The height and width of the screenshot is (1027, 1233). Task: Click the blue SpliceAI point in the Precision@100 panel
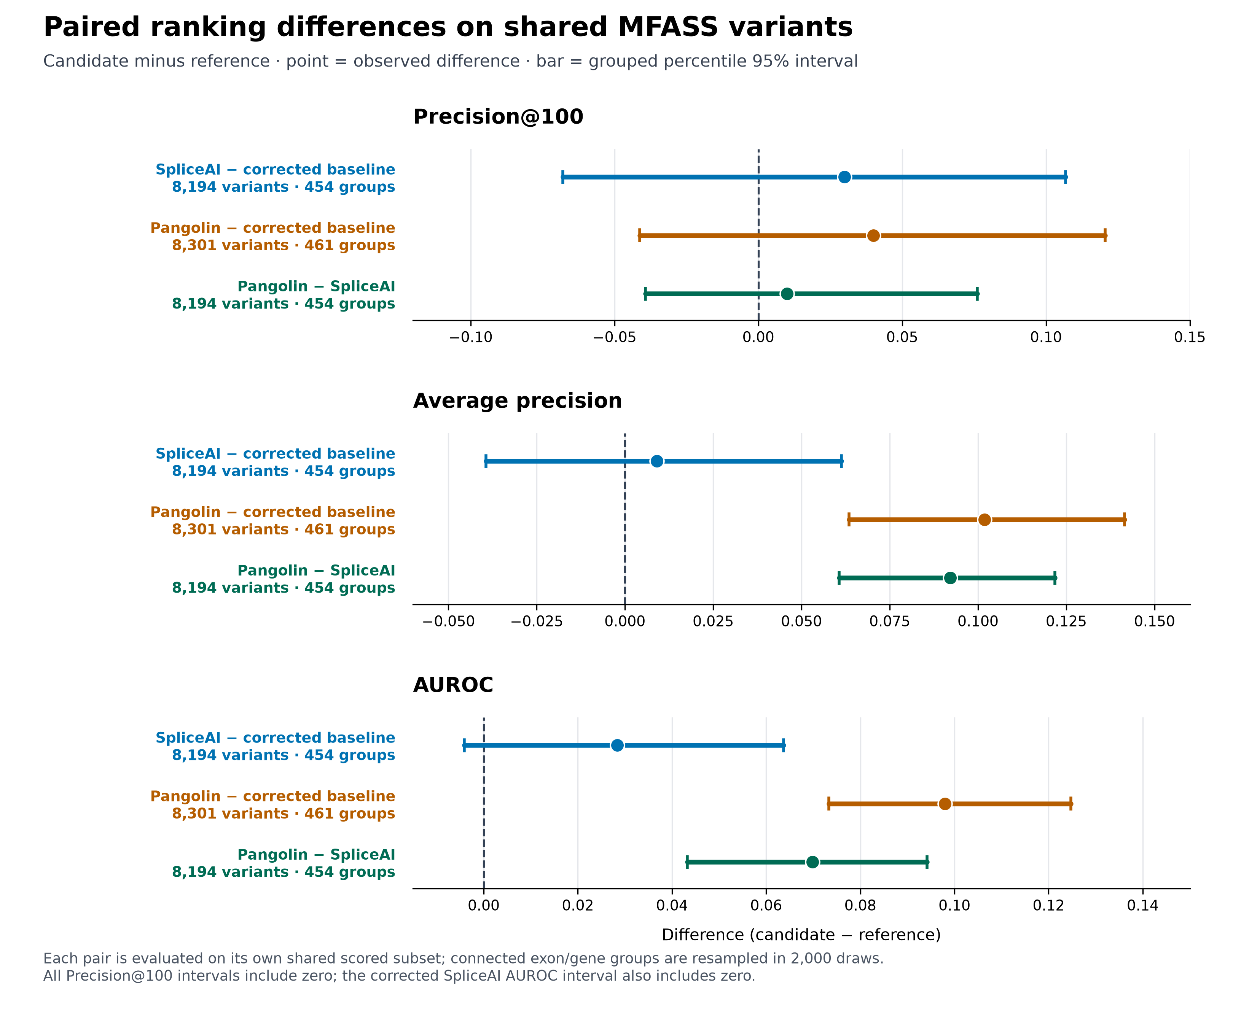click(844, 177)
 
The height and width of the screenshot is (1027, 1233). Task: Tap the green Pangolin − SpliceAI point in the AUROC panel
click(812, 862)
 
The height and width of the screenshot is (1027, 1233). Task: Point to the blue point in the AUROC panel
click(617, 745)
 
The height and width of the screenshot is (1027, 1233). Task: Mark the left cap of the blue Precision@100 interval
click(562, 177)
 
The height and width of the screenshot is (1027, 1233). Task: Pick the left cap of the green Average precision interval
click(839, 578)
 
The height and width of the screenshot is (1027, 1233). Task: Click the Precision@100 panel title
click(498, 117)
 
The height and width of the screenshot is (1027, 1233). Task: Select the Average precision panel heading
click(517, 401)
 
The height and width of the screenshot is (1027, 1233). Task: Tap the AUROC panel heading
click(453, 685)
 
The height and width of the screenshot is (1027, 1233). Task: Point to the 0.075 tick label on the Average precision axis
click(889, 622)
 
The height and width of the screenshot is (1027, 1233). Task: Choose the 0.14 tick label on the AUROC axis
click(1142, 906)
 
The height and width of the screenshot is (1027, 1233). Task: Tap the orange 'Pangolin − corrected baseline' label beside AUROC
click(272, 796)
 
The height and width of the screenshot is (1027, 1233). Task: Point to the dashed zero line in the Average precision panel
click(625, 519)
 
